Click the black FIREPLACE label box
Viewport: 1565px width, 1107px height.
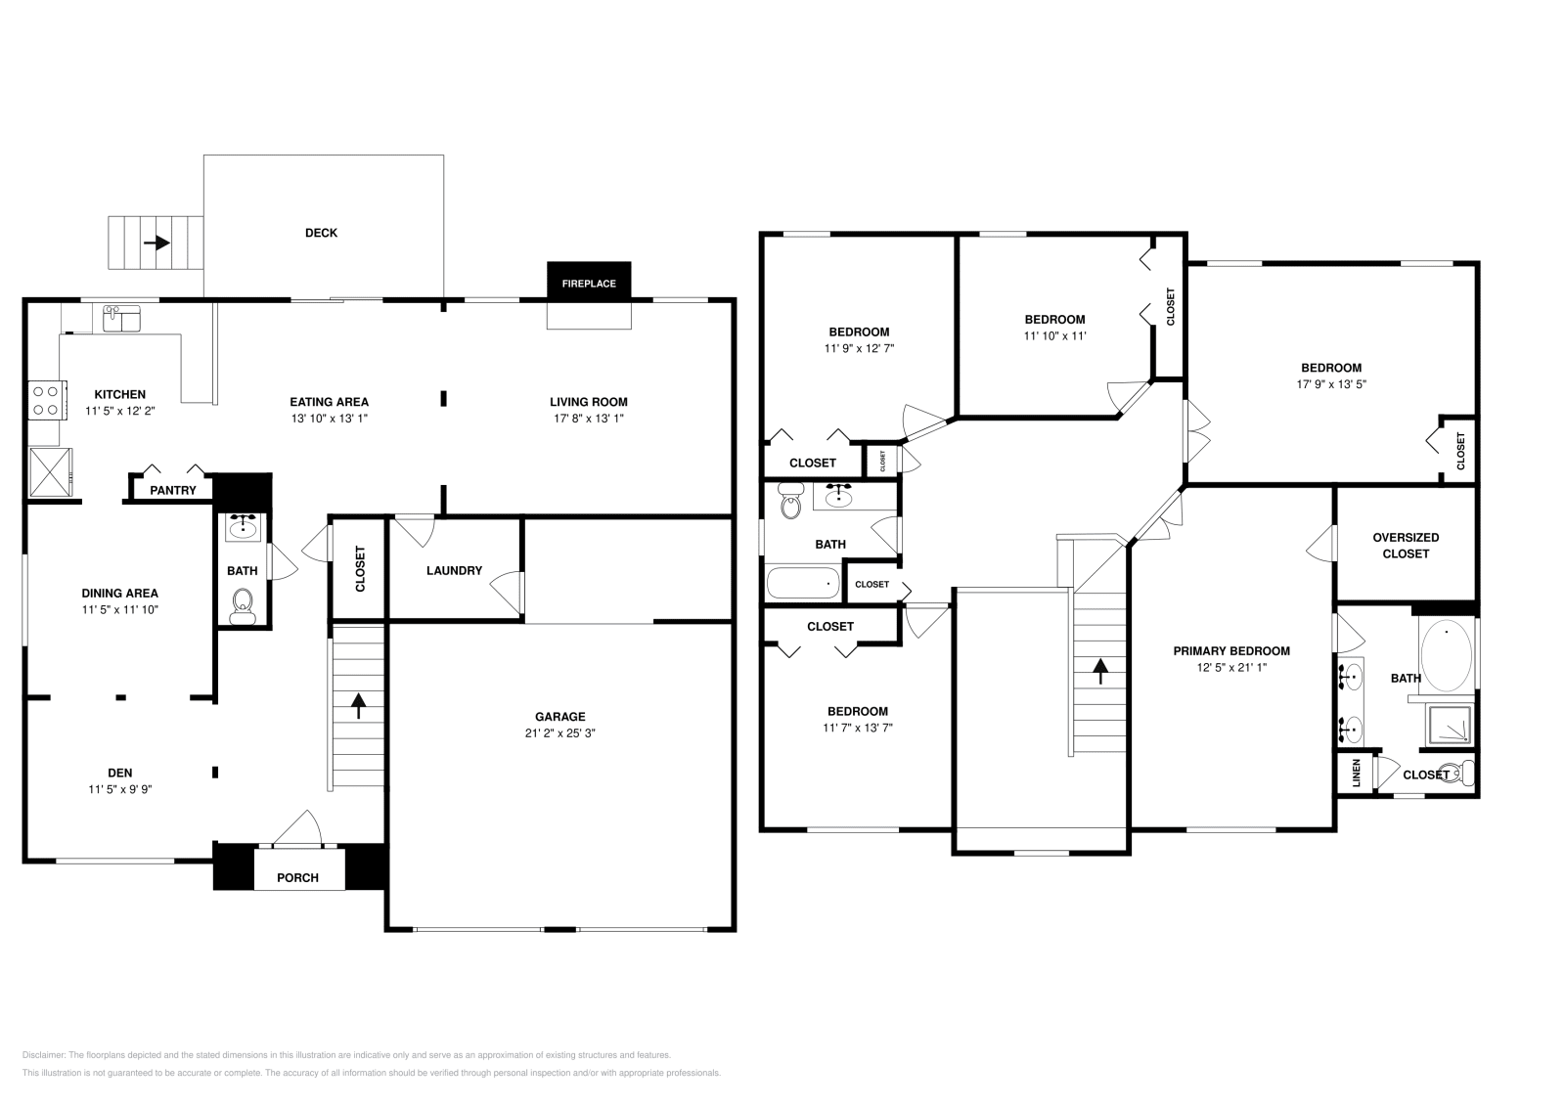[589, 284]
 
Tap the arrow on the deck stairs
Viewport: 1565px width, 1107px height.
[156, 243]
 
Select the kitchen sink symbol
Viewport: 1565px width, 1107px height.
[122, 318]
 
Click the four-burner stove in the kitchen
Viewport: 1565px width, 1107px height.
[45, 399]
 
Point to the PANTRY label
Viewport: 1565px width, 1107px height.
[173, 490]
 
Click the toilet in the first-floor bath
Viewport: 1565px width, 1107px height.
[242, 605]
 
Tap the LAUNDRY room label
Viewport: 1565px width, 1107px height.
[454, 570]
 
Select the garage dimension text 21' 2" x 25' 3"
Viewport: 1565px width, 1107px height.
[559, 732]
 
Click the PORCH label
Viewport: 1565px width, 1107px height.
[297, 877]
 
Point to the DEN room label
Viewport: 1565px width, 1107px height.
[120, 773]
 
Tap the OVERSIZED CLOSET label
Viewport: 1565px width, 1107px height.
[1406, 546]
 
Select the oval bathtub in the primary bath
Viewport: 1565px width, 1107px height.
[1446, 655]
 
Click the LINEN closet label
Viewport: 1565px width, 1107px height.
[1356, 773]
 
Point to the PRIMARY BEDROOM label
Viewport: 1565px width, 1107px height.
[1231, 650]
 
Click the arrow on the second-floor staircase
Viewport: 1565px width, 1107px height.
[1100, 670]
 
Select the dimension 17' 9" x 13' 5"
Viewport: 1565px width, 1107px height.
[1331, 384]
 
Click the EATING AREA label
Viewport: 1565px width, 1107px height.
[329, 402]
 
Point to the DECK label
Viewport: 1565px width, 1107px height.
[321, 233]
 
